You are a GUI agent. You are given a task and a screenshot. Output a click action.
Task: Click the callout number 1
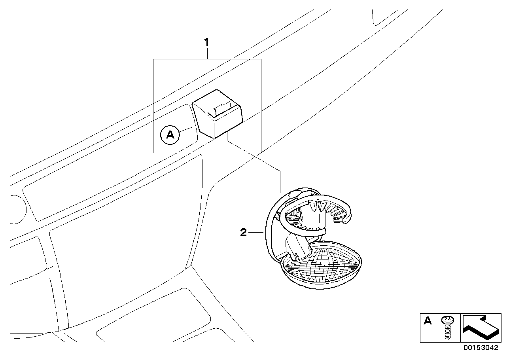pyautogui.click(x=206, y=42)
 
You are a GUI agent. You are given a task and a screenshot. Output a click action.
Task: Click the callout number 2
pyautogui.click(x=244, y=232)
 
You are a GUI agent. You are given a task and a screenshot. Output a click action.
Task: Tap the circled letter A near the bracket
pyautogui.click(x=170, y=135)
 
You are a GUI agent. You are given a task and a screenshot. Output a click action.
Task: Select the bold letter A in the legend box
pyautogui.click(x=428, y=321)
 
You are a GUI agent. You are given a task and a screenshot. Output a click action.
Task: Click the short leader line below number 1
pyautogui.click(x=207, y=53)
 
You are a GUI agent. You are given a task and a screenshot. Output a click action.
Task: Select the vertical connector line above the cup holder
pyautogui.click(x=280, y=182)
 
